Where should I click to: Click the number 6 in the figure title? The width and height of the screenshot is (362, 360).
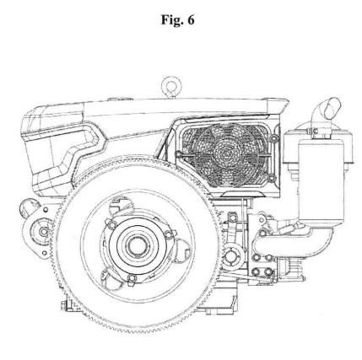coord(191,20)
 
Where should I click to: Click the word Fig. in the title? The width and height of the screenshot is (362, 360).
coord(170,20)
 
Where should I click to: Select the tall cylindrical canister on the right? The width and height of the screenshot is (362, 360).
coord(321,180)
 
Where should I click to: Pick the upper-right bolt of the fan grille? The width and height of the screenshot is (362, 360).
coord(273,138)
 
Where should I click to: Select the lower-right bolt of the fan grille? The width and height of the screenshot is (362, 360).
coord(272,178)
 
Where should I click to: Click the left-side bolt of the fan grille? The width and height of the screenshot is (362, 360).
coord(179,154)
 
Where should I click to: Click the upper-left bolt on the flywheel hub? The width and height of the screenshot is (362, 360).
coord(112,224)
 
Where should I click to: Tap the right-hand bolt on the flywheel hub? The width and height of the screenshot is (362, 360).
coord(169,234)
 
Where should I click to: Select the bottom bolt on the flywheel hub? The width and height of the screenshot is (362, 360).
coord(132,278)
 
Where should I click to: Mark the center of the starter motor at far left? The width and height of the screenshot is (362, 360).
coord(43,232)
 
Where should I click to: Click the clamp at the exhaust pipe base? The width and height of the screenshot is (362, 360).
coord(314,131)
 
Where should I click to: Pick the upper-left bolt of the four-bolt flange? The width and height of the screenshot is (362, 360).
coord(256,257)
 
